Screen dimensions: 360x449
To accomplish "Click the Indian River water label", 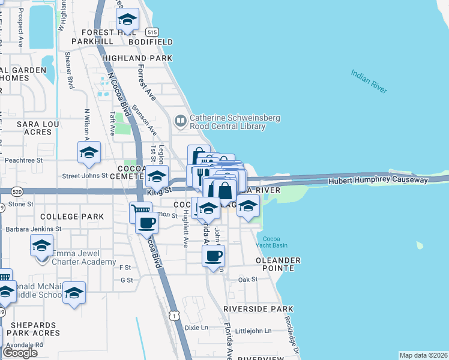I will (x=369, y=81).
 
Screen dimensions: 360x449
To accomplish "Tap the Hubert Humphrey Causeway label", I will (x=378, y=180).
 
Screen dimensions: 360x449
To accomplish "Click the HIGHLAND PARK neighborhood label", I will (x=137, y=58).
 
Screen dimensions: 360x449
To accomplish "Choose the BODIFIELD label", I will (x=150, y=42).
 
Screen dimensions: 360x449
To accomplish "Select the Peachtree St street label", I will (x=24, y=161).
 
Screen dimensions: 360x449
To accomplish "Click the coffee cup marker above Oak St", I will (x=213, y=256).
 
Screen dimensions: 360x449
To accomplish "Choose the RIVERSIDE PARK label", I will (x=258, y=308).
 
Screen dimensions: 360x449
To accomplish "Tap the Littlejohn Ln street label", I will (x=253, y=331).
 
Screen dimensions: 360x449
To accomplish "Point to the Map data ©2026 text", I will (x=423, y=355).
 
